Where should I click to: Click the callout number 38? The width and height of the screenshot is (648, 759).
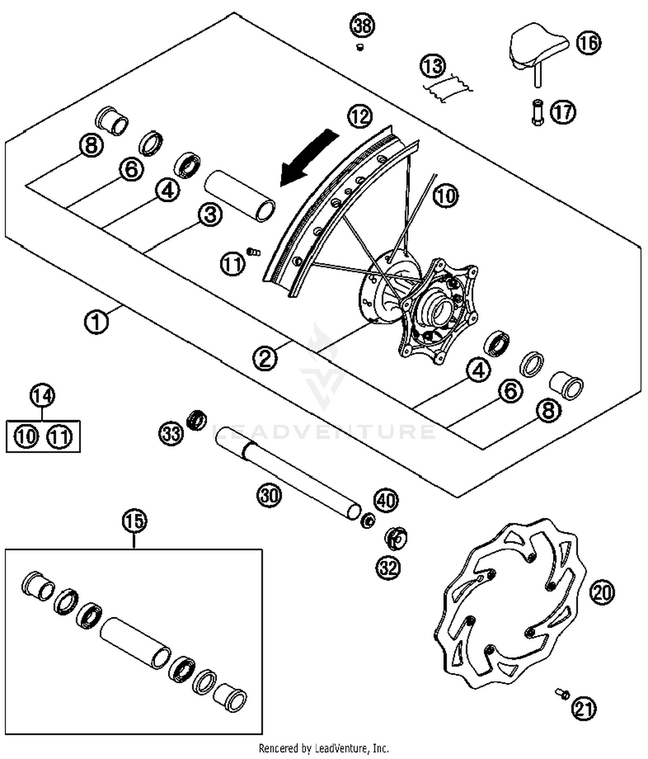pyautogui.click(x=362, y=26)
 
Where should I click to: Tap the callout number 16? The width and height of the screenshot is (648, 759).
pyautogui.click(x=588, y=43)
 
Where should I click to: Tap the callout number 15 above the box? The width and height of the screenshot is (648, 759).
pyautogui.click(x=134, y=520)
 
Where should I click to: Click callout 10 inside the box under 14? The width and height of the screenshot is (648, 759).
pyautogui.click(x=26, y=436)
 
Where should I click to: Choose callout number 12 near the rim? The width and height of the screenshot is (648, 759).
pyautogui.click(x=360, y=117)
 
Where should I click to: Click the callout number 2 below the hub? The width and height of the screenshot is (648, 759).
pyautogui.click(x=265, y=358)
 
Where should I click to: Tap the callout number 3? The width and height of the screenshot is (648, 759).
pyautogui.click(x=210, y=215)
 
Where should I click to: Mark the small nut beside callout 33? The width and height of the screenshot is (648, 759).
pyautogui.click(x=197, y=419)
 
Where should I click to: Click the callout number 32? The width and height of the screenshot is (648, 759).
pyautogui.click(x=388, y=567)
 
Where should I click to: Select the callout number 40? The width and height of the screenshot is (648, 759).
pyautogui.click(x=386, y=501)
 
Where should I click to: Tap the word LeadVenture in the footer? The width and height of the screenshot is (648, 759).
pyautogui.click(x=341, y=748)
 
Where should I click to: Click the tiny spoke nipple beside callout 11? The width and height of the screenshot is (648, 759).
pyautogui.click(x=254, y=251)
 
